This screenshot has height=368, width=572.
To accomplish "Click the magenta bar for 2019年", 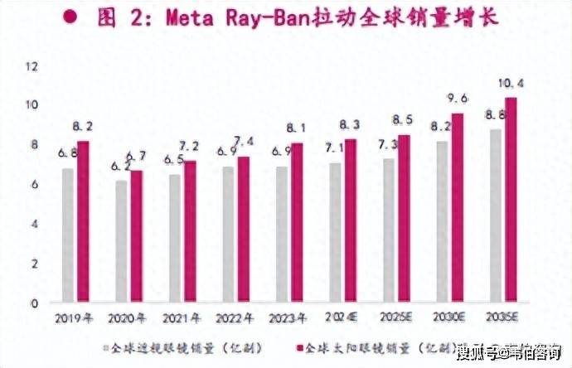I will point(83,221).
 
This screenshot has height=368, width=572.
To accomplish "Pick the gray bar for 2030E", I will point(443,221).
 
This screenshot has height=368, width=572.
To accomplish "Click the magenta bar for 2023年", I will point(297,222).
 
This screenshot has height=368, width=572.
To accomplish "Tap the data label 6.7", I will point(137,157).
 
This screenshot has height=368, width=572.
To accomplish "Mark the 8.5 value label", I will point(405,119).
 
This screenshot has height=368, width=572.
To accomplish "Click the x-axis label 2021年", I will point(181,317).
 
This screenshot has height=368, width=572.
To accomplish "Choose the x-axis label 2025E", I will point(394,317).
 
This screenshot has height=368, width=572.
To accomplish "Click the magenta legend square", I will point(298,346).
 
